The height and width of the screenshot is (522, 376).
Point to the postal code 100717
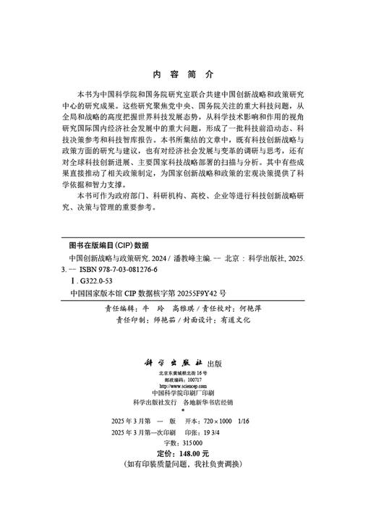click(195, 380)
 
